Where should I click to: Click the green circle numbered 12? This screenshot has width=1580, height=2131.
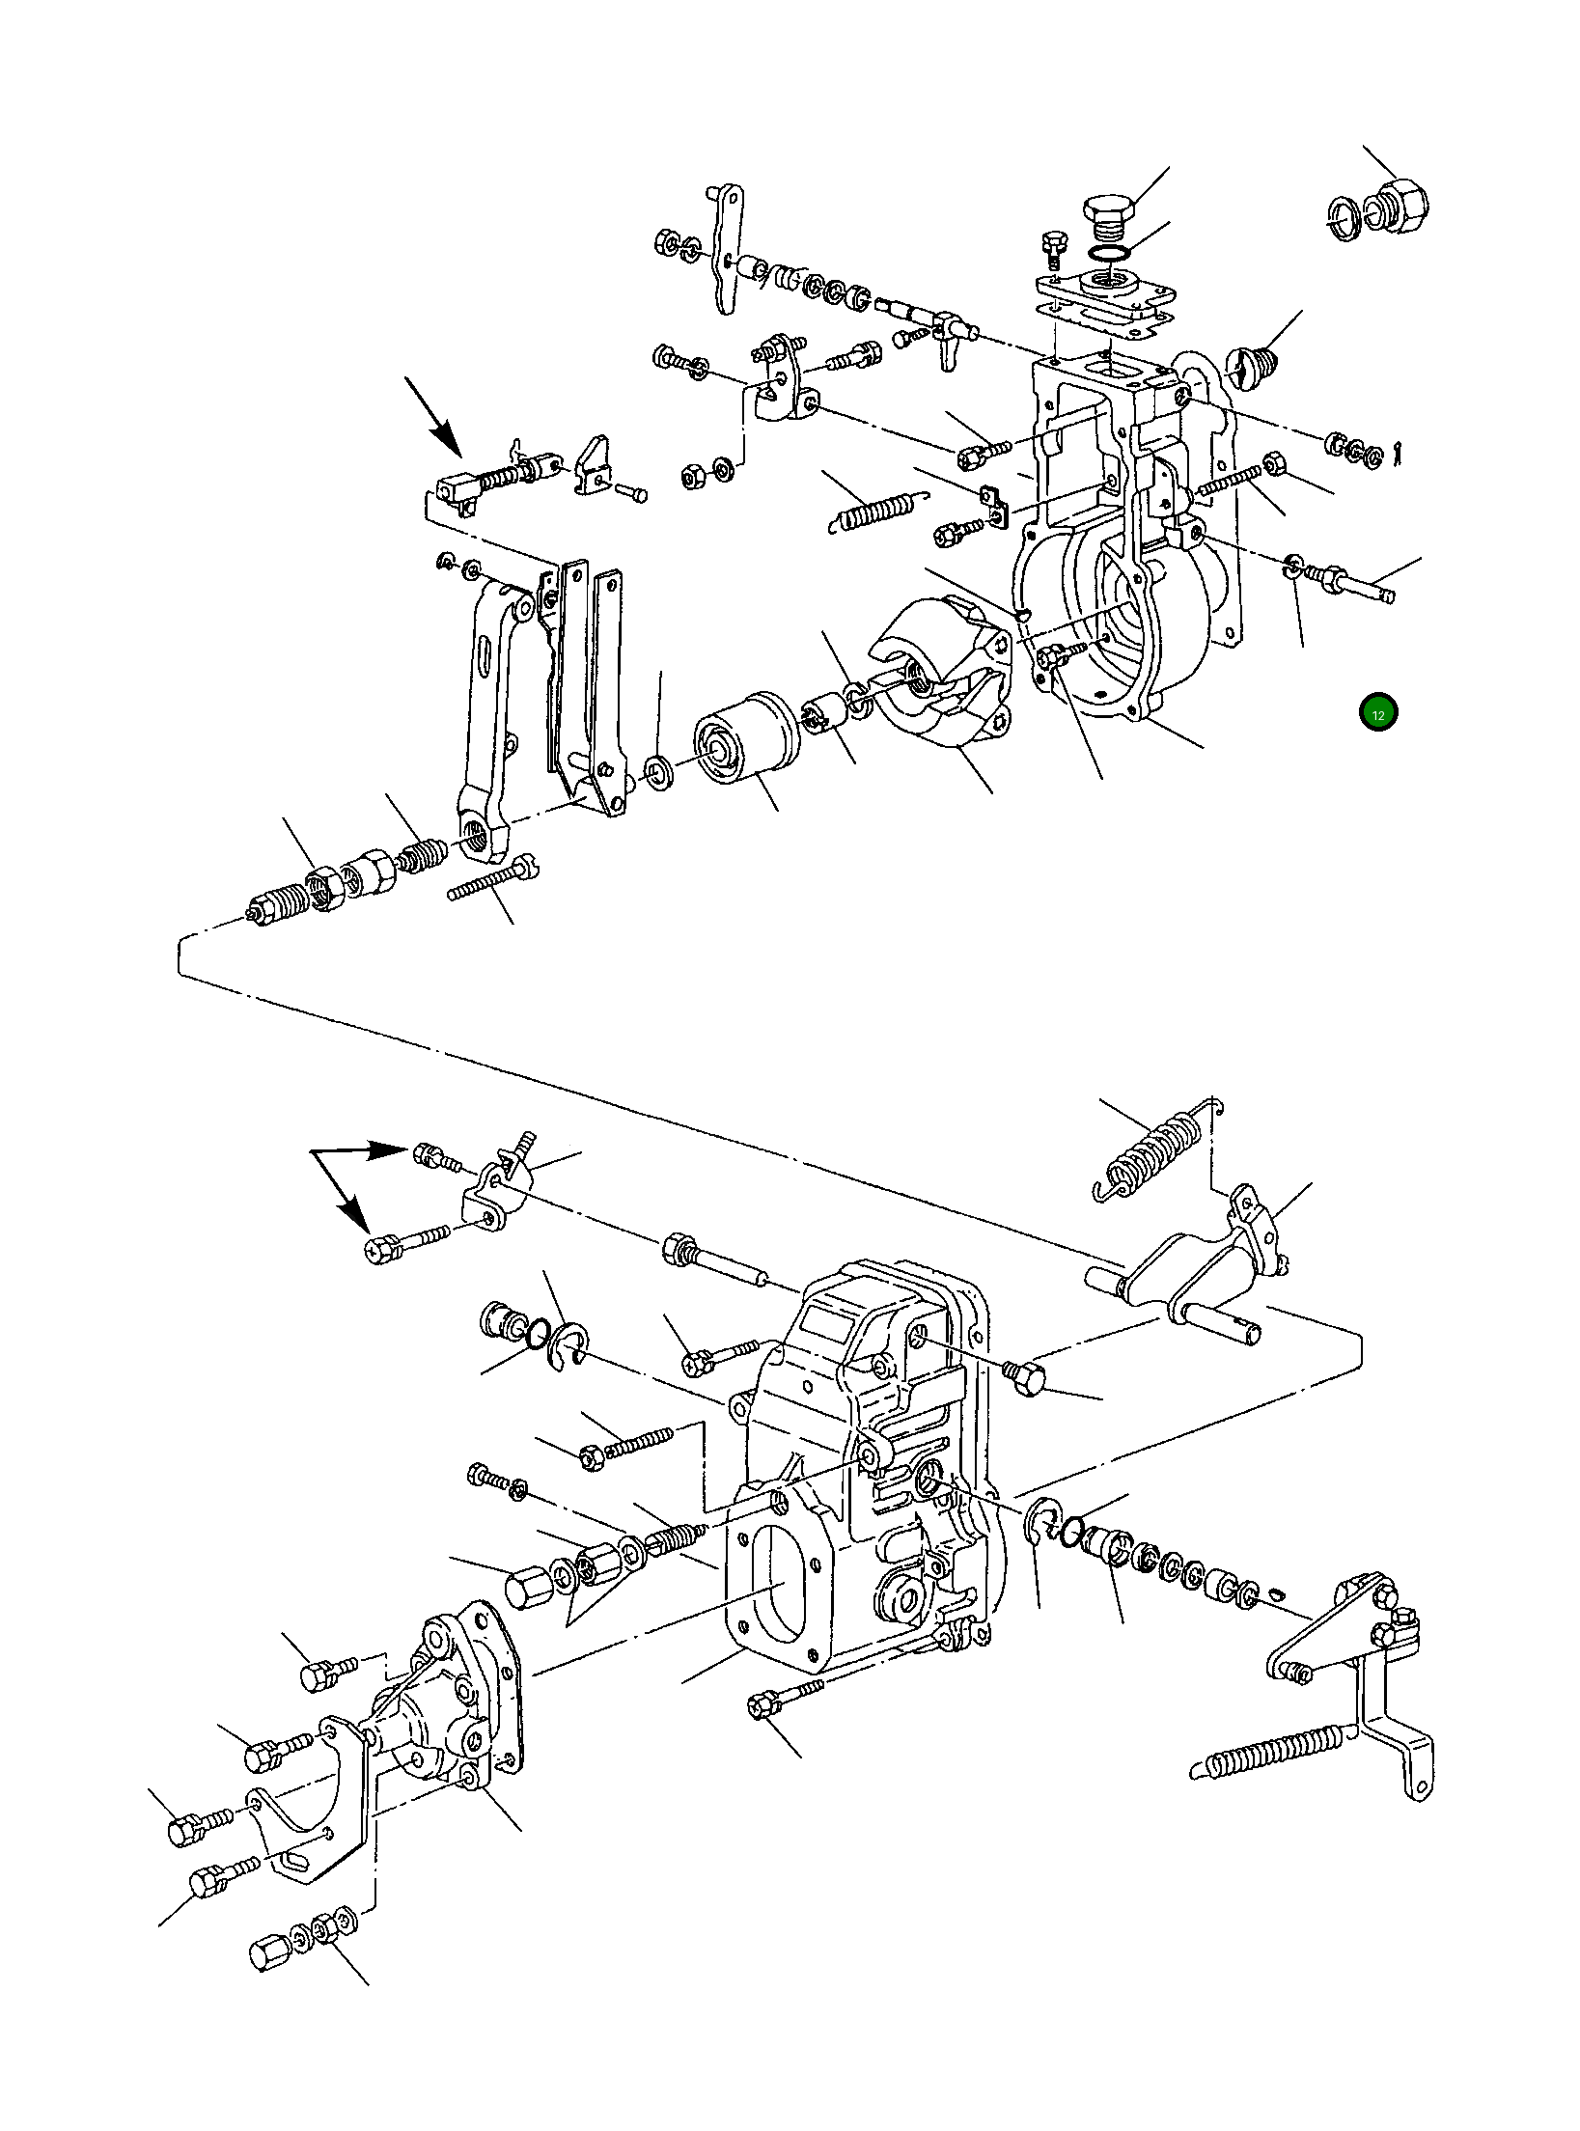(1377, 714)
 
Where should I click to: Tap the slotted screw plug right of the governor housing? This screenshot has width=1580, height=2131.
(1251, 361)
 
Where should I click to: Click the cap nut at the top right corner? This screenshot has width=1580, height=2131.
(1401, 206)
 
